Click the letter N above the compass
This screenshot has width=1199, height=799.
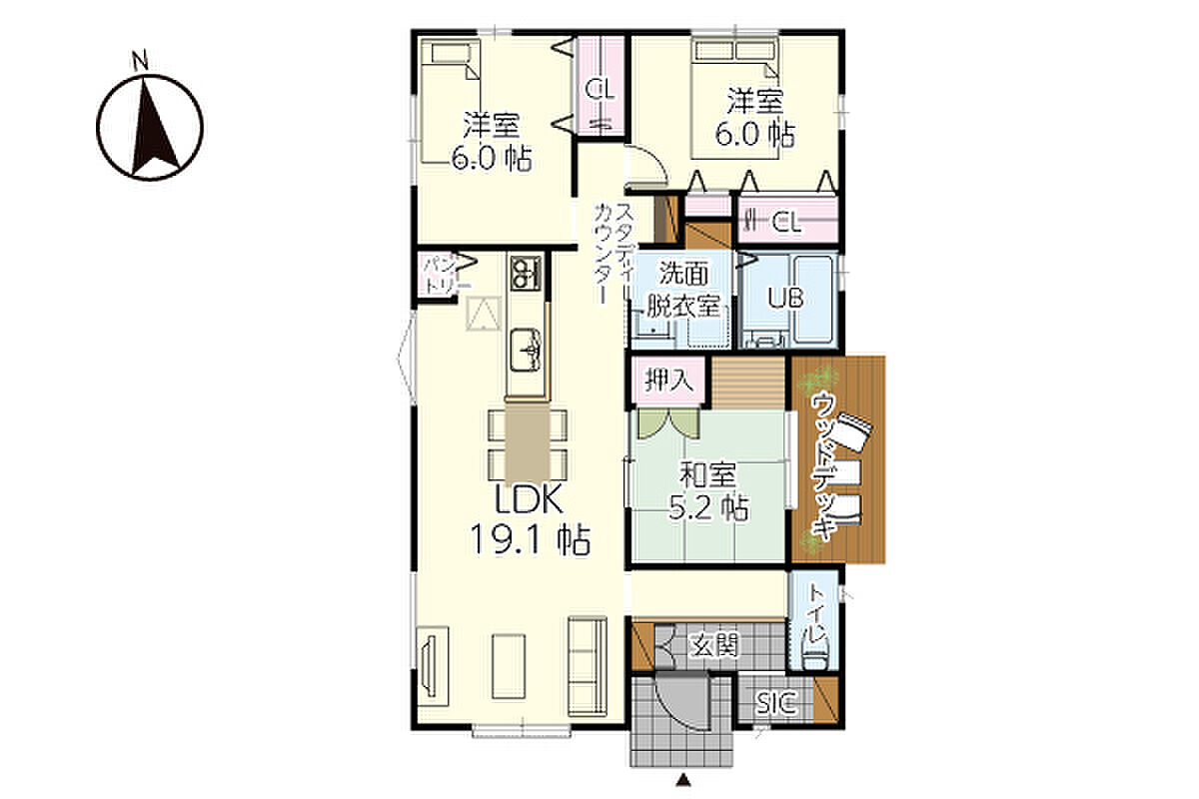tap(140, 62)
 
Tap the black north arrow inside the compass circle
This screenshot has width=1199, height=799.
tap(155, 128)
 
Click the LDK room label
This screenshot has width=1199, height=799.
tap(529, 498)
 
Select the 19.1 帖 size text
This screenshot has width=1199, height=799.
tap(530, 539)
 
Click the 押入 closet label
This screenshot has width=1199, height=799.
tap(669, 381)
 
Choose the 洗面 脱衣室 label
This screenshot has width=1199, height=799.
tap(682, 290)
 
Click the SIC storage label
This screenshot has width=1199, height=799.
tap(776, 703)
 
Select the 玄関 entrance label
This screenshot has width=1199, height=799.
tap(714, 645)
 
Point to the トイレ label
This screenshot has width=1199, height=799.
tap(819, 616)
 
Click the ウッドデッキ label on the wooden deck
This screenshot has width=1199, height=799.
tap(823, 466)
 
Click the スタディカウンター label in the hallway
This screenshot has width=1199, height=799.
tap(612, 254)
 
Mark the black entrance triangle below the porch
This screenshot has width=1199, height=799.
tap(682, 780)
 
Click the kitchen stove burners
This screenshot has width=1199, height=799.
tap(526, 273)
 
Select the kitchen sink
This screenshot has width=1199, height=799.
tap(527, 351)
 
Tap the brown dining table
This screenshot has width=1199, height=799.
tap(528, 443)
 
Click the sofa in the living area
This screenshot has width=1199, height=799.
tap(588, 666)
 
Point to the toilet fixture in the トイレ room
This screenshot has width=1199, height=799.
tap(815, 659)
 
